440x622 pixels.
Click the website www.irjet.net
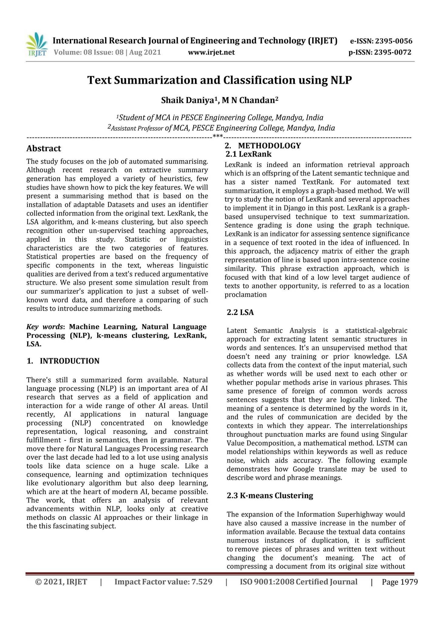(211, 53)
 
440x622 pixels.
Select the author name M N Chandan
(248, 101)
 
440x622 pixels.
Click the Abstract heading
(44, 149)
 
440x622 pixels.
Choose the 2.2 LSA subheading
(240, 312)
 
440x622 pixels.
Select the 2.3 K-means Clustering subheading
(270, 495)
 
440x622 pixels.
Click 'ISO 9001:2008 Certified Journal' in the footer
(298, 582)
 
